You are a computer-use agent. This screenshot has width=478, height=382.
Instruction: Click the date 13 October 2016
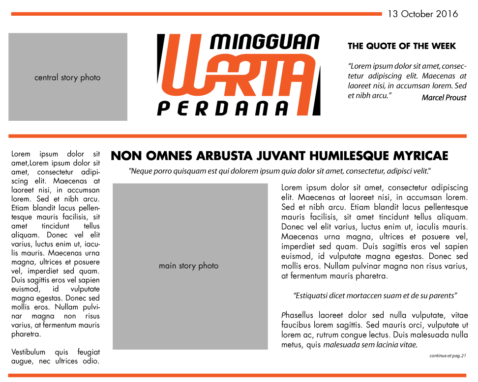(x=422, y=14)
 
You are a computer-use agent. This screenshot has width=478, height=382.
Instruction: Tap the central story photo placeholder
(x=68, y=77)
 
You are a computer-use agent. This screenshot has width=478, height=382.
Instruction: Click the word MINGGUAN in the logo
(x=265, y=42)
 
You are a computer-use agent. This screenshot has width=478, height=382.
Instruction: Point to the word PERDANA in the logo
(x=222, y=108)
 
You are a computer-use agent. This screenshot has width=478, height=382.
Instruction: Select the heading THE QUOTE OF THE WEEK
(x=402, y=46)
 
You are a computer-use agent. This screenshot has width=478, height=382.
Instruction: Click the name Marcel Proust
(x=444, y=98)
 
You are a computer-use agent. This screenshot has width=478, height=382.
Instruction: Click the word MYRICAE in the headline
(x=421, y=156)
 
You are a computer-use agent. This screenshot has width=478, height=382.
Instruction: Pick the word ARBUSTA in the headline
(x=223, y=156)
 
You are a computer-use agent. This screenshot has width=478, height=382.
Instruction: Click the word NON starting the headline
(x=124, y=156)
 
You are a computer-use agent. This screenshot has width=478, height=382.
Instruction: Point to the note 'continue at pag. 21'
(x=448, y=355)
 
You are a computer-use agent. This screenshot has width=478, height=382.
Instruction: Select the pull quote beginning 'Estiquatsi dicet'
(x=375, y=296)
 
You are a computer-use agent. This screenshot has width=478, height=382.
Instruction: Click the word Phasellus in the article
(x=298, y=315)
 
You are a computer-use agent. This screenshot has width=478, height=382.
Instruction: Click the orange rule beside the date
(x=197, y=14)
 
